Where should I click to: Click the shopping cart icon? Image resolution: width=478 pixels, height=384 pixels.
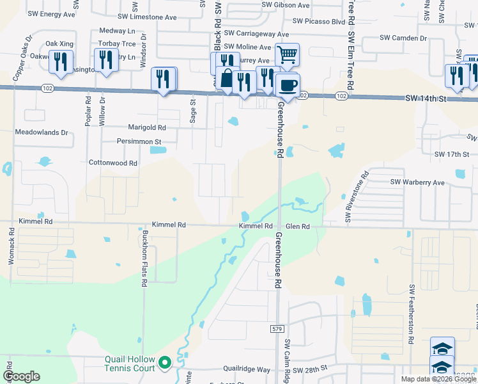(288, 54)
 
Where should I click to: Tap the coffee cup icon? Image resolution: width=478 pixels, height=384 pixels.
(288, 84)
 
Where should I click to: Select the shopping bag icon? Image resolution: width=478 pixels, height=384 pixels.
(227, 78)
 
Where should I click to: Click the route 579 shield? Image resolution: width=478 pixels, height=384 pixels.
(276, 328)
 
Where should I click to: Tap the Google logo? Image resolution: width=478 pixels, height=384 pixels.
(21, 377)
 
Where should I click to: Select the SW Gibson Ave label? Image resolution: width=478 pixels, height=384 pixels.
(286, 5)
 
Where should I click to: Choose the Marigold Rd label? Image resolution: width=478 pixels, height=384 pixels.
(147, 127)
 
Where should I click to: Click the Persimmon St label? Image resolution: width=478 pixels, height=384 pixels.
(139, 141)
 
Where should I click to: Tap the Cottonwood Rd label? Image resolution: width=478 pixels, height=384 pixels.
(113, 163)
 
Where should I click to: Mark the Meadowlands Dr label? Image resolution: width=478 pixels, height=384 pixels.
(42, 132)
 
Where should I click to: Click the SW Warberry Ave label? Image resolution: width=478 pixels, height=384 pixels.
(417, 182)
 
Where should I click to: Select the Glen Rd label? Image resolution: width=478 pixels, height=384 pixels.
(298, 227)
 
